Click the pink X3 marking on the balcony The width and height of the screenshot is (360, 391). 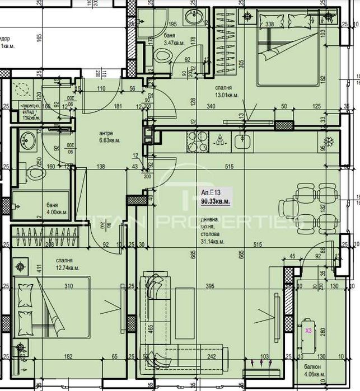tap(308, 331)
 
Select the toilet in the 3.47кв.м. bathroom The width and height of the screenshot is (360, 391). tap(163, 56)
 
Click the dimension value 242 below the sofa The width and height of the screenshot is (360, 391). tap(211, 356)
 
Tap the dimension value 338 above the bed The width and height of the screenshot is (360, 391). tap(269, 24)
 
